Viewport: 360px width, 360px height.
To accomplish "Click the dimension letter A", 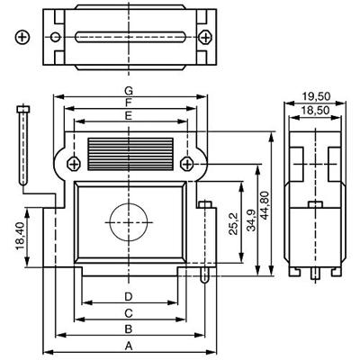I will [129, 345].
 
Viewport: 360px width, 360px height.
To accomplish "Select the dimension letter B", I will [129, 328].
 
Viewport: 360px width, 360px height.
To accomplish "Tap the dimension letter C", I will [129, 312].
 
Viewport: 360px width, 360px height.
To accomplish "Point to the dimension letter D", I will [129, 296].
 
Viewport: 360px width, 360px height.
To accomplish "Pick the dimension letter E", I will [129, 116].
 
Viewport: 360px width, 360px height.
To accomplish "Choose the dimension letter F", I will [129, 103].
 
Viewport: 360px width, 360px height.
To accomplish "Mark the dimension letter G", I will [129, 91].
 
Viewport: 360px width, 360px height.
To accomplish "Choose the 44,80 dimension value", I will [265, 208].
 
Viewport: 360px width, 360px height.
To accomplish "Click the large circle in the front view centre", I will [129, 220].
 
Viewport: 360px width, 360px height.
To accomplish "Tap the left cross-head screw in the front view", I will [72, 162].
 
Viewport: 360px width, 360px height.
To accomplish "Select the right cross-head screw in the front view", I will [186, 162].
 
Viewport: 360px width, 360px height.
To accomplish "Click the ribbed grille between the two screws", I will [129, 149].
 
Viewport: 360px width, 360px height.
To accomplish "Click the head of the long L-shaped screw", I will [22, 110].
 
